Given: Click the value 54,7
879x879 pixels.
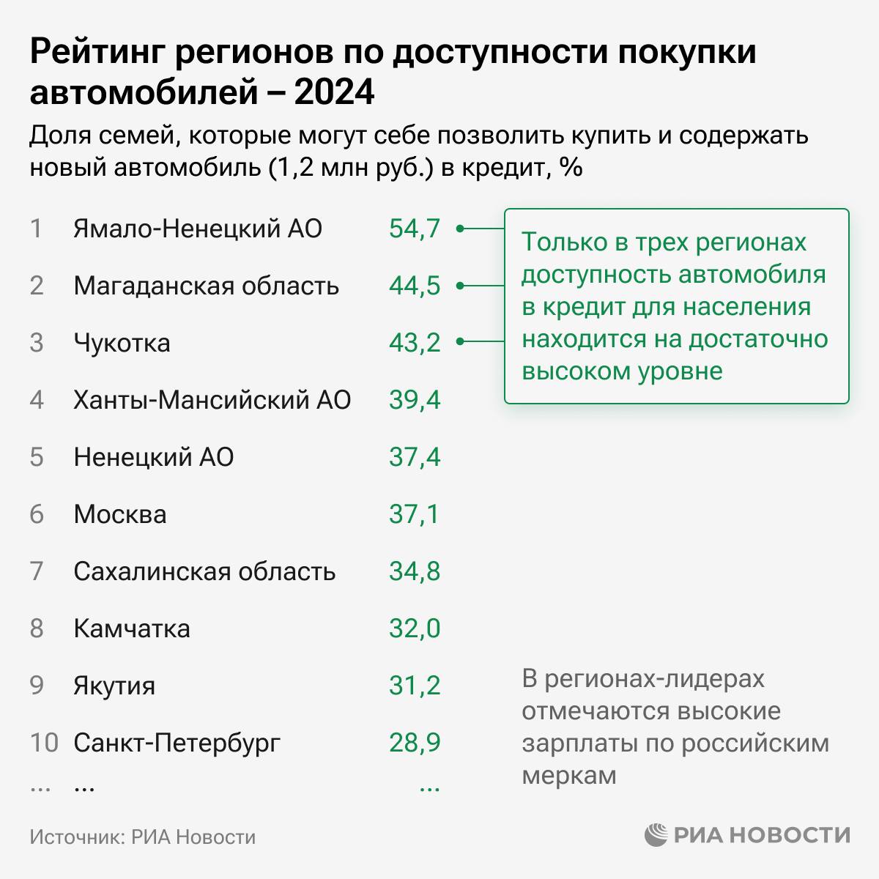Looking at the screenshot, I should tap(415, 229).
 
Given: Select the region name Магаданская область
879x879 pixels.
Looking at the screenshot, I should tap(206, 286).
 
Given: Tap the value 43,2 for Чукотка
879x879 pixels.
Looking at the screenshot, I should tap(415, 343).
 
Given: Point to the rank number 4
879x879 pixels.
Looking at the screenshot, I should tap(37, 400).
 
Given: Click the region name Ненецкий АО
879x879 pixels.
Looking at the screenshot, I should tap(154, 457).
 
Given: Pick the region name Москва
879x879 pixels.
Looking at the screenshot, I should tap(120, 514).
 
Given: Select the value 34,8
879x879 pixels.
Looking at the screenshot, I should tap(415, 571).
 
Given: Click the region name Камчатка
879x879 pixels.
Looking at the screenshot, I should tap(132, 628).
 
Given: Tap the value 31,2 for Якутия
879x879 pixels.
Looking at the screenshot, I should tap(415, 686).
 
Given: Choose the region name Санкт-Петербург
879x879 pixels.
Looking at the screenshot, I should tap(177, 743).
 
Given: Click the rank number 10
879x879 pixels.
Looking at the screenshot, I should tap(44, 743).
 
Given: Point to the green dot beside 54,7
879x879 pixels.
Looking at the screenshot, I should tap(460, 229).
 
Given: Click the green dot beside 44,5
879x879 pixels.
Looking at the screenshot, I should tap(460, 286).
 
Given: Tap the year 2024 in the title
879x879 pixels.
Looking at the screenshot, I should tap(335, 93).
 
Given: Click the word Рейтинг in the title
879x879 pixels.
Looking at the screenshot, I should tap(99, 53).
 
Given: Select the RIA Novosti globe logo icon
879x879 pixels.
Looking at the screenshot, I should tap(656, 835).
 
